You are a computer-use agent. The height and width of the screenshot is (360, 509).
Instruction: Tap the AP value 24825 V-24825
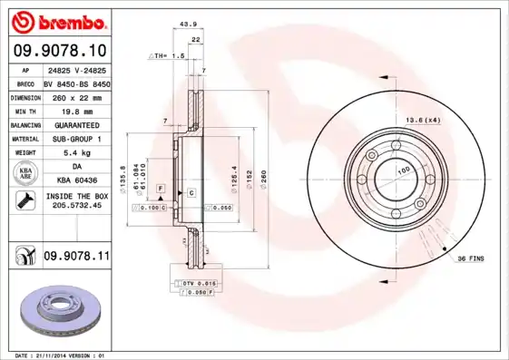[75, 69]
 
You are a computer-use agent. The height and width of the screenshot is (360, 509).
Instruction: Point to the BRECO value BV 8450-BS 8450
[75, 83]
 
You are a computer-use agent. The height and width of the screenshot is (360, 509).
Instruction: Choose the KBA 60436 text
[75, 180]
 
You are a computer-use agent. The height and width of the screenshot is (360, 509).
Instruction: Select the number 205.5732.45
[75, 207]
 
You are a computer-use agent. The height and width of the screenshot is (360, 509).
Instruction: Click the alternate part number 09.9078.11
[75, 258]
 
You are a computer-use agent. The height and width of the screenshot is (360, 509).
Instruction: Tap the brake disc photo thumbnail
[59, 311]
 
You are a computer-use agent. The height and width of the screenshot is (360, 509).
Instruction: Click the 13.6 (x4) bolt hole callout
[423, 120]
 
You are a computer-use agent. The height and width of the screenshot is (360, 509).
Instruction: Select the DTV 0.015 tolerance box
[191, 285]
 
